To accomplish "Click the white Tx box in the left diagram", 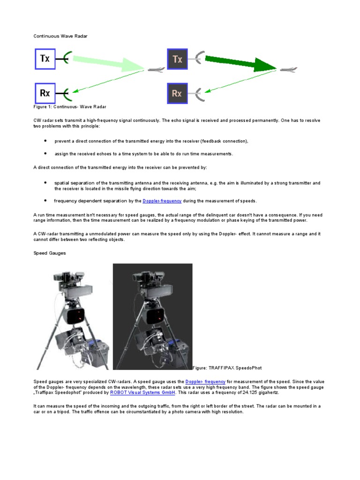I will click(45, 59).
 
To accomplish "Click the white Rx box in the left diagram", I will click(45, 93).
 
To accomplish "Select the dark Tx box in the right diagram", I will click(177, 59).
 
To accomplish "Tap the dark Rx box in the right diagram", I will click(177, 93).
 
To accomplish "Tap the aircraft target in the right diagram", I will click(288, 70).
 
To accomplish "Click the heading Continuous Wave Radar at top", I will click(60, 36).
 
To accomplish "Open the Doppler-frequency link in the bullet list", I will click(162, 201).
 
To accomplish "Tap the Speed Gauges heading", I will click(50, 253).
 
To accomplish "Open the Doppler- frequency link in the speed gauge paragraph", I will click(205, 382).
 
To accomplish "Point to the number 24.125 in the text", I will click(252, 393).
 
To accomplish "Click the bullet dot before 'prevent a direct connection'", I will click(45, 140).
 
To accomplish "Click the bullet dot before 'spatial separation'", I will click(45, 182).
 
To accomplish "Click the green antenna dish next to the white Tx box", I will click(67, 59).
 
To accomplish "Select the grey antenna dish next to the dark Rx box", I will click(199, 93).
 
